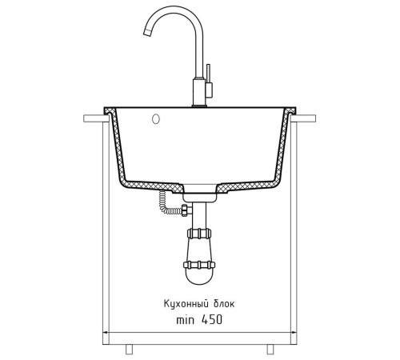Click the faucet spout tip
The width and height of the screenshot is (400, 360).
pos(147,33)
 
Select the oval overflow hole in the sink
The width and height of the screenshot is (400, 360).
pos(156,119)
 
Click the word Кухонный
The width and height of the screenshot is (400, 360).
pos(186,304)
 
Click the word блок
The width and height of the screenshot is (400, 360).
pos(224,303)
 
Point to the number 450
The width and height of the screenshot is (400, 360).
pos(212,319)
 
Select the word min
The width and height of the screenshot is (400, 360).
pos(186,320)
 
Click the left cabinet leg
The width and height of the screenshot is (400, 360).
pos(129,350)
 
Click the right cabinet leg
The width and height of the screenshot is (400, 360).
pos(270,350)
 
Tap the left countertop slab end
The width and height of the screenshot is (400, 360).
pos(96,118)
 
